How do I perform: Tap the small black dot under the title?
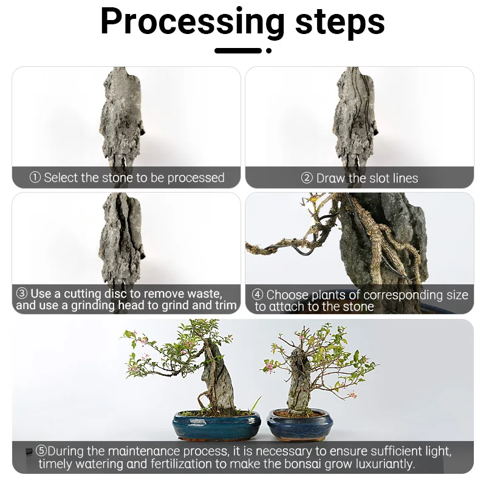click(269, 50)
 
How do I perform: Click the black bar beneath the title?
click(238, 50)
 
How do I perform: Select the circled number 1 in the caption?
click(35, 178)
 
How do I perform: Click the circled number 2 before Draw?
click(307, 179)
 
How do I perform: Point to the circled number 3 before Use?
click(22, 294)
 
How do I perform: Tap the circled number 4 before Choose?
click(258, 296)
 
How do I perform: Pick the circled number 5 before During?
click(41, 451)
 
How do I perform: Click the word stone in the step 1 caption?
click(117, 178)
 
